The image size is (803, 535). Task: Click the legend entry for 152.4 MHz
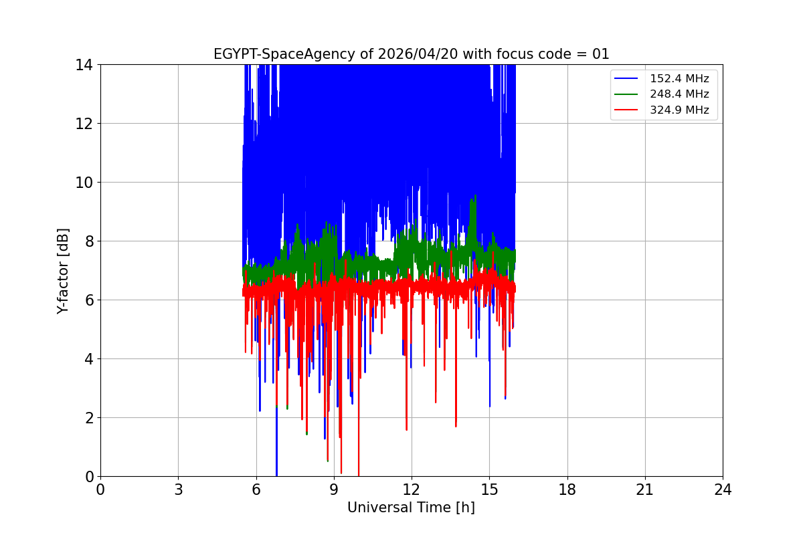click(679, 79)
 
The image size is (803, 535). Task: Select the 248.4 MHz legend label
click(679, 94)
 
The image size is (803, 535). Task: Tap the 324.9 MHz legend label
click(679, 110)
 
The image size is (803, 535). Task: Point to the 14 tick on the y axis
click(84, 65)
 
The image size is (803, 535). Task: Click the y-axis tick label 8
click(88, 241)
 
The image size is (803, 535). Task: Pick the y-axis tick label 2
click(88, 418)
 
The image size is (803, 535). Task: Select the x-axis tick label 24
click(723, 490)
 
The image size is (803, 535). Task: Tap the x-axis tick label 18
click(567, 490)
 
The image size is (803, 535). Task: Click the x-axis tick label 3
click(178, 490)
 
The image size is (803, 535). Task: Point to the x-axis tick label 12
click(412, 490)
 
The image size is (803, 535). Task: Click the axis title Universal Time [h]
click(411, 508)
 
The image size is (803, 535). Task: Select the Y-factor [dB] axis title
click(63, 270)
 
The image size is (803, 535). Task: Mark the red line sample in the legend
click(627, 110)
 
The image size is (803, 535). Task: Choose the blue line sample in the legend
click(627, 79)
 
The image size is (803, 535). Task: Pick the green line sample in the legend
click(627, 94)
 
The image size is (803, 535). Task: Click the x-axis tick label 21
click(645, 490)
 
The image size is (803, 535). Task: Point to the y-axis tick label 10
click(84, 183)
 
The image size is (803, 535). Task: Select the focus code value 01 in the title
click(601, 54)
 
